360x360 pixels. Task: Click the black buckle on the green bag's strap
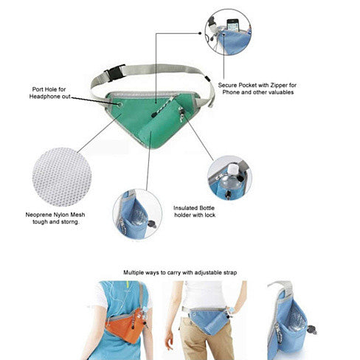point(114,72)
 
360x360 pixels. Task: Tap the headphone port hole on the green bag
point(120,105)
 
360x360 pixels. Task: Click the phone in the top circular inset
point(232,25)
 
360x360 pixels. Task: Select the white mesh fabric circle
point(62,177)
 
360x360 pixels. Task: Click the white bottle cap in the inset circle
point(232,170)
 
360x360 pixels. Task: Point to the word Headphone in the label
point(45,96)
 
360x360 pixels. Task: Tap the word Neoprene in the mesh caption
point(38,215)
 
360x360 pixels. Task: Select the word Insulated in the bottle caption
point(185,208)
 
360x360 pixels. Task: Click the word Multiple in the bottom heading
point(134,272)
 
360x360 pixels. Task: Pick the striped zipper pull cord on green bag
point(163,106)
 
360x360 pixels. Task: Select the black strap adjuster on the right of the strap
point(207,79)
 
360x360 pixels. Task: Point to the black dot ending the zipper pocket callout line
point(200,33)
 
